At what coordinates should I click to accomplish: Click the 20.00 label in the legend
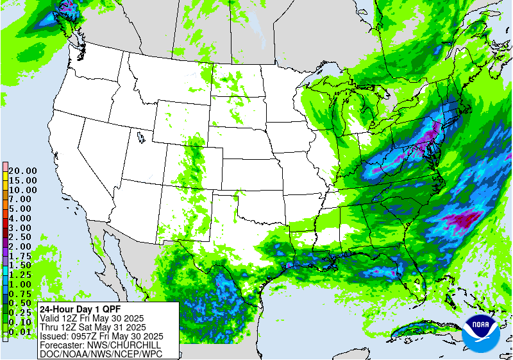(22, 171)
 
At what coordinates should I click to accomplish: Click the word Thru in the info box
(49, 327)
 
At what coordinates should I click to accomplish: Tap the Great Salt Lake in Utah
(140, 137)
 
